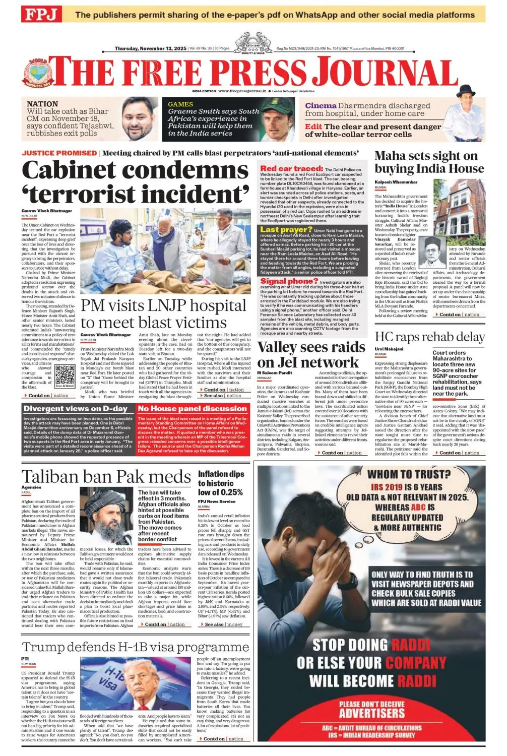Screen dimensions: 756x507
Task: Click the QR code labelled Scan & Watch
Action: click(65, 374)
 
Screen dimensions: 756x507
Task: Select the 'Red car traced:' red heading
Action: click(291, 168)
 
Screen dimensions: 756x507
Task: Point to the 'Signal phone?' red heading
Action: click(289, 281)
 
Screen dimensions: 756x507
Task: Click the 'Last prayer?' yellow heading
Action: click(286, 229)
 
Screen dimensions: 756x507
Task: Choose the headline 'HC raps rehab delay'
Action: click(429, 337)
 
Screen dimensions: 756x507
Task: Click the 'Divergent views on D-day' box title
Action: click(76, 408)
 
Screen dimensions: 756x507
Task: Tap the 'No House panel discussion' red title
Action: click(192, 408)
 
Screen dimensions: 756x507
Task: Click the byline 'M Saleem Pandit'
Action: click(275, 373)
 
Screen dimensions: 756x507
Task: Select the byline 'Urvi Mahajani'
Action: click(389, 349)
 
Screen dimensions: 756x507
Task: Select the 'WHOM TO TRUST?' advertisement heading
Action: click(409, 474)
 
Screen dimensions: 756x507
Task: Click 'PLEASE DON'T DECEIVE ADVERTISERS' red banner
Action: click(371, 709)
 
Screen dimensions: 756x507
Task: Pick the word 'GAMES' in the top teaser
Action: click(180, 104)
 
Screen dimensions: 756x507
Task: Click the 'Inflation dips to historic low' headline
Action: click(221, 483)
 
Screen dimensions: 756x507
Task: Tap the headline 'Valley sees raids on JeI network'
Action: click(311, 354)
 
